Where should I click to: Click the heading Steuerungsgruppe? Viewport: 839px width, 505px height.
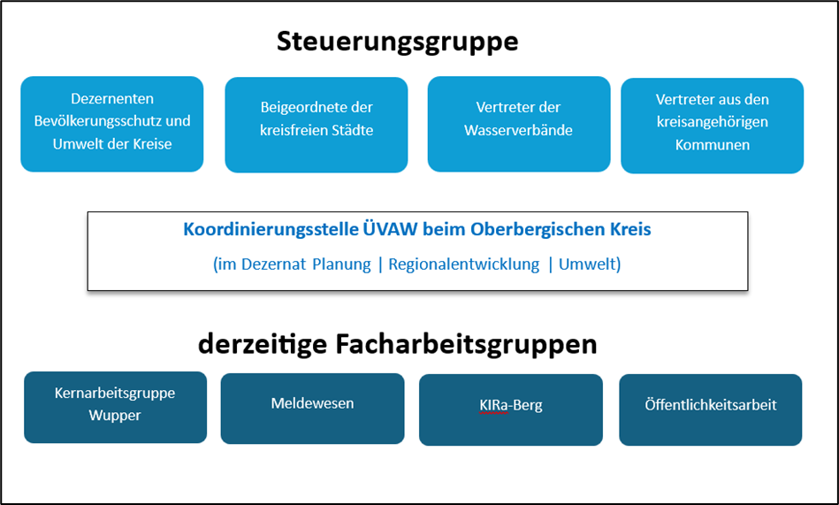(398, 42)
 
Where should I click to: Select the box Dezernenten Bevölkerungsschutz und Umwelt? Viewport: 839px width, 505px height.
(111, 124)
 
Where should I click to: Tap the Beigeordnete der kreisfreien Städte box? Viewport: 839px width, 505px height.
(317, 125)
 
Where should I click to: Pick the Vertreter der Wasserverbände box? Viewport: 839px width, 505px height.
(518, 124)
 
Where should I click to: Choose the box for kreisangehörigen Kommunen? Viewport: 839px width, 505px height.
(713, 126)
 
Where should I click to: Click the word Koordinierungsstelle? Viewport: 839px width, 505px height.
(271, 229)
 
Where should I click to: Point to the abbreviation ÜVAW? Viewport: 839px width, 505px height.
(391, 229)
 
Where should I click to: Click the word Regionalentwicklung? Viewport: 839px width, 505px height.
(464, 264)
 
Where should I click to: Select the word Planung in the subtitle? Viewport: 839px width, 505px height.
(341, 264)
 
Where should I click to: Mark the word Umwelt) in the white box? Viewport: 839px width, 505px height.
(590, 264)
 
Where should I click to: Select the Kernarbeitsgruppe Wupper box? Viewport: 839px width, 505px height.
(115, 407)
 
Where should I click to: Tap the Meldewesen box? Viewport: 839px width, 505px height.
(312, 409)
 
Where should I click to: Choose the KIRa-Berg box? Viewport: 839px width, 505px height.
(511, 409)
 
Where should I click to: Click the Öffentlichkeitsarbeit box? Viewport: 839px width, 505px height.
(711, 409)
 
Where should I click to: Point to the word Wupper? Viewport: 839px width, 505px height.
(115, 416)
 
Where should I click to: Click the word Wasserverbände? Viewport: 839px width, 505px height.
(518, 130)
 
